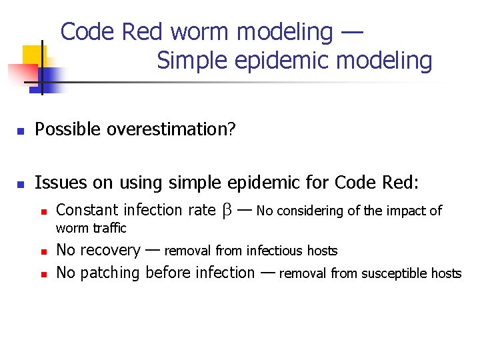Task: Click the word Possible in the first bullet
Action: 63,129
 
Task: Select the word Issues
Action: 57,182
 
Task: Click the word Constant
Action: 86,211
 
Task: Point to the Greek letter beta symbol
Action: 226,211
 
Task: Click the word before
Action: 167,273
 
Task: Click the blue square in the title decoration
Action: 52,79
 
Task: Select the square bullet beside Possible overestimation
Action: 20,130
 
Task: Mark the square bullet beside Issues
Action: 20,183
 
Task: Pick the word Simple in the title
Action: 190,61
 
